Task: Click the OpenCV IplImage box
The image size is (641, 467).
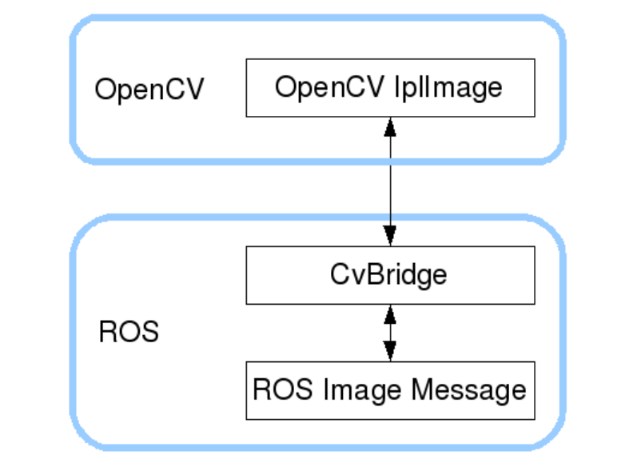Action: [x=389, y=87]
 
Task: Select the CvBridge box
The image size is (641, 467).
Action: [x=389, y=274]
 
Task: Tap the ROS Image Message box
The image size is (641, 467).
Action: [x=389, y=390]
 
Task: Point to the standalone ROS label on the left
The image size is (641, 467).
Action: [x=129, y=331]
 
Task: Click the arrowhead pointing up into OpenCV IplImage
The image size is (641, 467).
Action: [x=389, y=126]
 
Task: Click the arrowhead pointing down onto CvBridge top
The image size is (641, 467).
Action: [x=389, y=237]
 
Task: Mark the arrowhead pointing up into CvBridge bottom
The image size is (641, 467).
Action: [x=389, y=313]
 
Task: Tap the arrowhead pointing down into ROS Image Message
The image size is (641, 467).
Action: [x=389, y=351]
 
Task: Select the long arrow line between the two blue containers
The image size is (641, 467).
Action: [x=389, y=189]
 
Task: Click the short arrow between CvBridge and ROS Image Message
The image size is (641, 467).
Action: [x=389, y=332]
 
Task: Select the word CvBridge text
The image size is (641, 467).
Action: [x=389, y=274]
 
